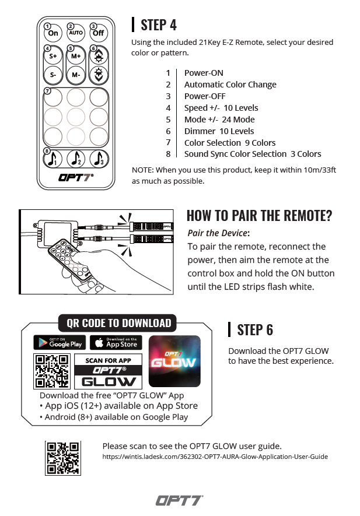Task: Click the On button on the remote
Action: click(x=53, y=33)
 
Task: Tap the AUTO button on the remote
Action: click(x=76, y=33)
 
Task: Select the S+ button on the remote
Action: click(x=53, y=57)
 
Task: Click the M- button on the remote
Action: click(x=76, y=75)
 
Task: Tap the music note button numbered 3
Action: click(x=99, y=158)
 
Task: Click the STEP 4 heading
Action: click(x=159, y=24)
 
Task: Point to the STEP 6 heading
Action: click(x=255, y=329)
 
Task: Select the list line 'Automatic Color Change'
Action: click(x=230, y=85)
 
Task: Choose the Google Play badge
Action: click(x=59, y=342)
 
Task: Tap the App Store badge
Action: click(x=116, y=342)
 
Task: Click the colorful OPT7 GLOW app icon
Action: click(x=174, y=361)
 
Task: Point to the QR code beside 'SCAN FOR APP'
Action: click(x=52, y=371)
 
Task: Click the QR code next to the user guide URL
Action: click(x=62, y=458)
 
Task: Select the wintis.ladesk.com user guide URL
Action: click(x=215, y=457)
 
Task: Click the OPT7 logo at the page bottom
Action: click(x=179, y=500)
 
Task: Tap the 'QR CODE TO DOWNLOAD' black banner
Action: click(x=118, y=323)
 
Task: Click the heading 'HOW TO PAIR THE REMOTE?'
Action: click(x=259, y=215)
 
